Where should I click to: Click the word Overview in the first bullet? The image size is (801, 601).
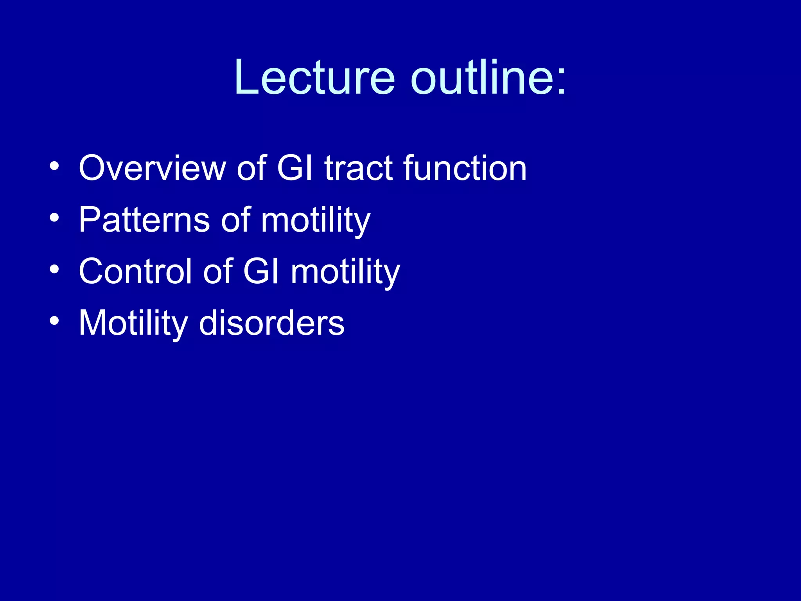152,168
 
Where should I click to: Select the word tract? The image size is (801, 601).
358,168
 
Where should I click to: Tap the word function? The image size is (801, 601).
465,168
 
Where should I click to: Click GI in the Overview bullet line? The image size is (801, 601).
295,168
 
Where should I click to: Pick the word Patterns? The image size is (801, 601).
144,220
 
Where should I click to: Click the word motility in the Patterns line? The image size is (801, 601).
315,220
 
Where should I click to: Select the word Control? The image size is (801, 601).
135,272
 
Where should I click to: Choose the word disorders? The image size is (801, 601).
272,323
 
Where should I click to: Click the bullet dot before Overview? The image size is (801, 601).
54,167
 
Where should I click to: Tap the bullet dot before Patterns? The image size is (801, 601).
54,218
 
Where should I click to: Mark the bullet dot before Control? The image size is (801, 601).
54,270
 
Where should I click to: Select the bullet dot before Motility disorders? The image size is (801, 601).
54,321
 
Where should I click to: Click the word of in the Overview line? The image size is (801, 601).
251,168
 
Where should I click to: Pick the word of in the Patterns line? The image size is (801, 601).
235,220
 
